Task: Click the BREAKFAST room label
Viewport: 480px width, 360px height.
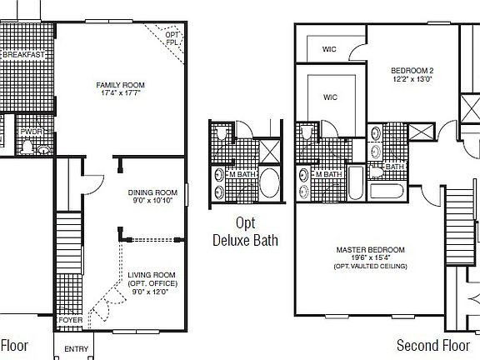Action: [22, 54]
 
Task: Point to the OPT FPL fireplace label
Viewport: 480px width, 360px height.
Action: [172, 37]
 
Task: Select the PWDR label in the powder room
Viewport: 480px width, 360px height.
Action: [32, 132]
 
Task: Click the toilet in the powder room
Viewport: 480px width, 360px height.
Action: [27, 147]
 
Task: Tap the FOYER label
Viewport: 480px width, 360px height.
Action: [70, 319]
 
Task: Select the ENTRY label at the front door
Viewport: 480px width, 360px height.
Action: [76, 349]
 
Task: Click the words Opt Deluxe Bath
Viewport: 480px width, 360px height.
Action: [244, 232]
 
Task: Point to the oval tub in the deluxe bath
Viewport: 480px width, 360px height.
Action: [271, 182]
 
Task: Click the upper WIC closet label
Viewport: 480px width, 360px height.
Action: [331, 48]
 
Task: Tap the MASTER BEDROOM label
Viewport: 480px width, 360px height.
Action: [370, 250]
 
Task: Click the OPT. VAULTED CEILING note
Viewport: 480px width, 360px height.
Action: [370, 266]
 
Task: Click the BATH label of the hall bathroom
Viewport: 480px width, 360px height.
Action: [395, 167]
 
